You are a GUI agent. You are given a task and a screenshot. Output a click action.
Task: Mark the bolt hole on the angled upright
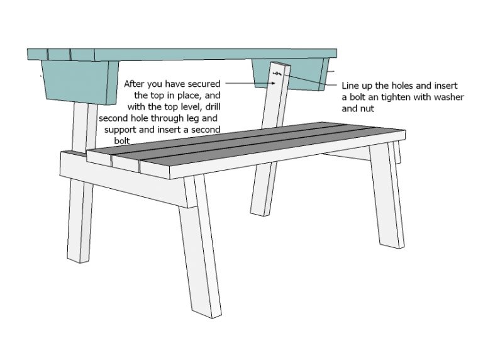click(x=276, y=75)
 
